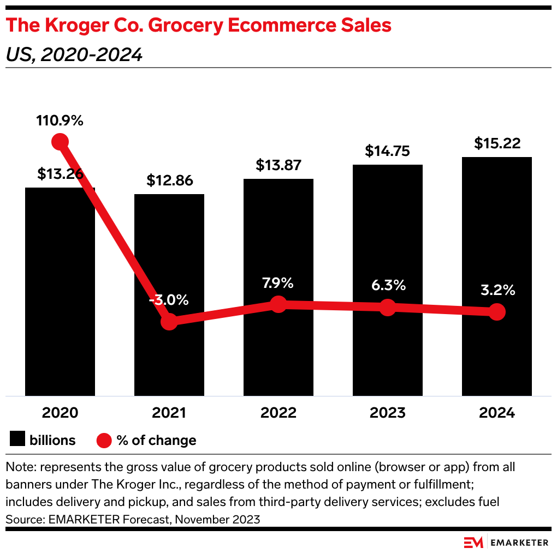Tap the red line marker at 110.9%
(x=60, y=142)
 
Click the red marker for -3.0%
(x=169, y=321)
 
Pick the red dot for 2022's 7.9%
(x=278, y=304)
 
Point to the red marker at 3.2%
(x=496, y=312)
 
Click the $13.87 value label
(x=278, y=165)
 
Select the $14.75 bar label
(x=387, y=151)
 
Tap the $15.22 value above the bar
(x=496, y=143)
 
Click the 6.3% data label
(x=387, y=285)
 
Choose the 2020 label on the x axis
(x=60, y=412)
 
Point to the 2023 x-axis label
(x=387, y=412)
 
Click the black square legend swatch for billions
(x=17, y=440)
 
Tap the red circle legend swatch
(x=104, y=440)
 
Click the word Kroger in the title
(x=74, y=26)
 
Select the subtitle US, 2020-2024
(x=74, y=55)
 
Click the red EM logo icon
(x=473, y=542)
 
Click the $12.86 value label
(x=169, y=180)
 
